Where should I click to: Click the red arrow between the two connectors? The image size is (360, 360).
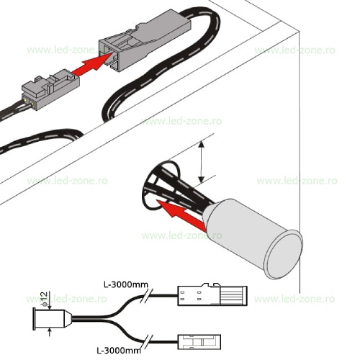[92, 63]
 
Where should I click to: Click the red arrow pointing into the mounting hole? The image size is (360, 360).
[181, 214]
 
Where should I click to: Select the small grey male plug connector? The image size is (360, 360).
[51, 89]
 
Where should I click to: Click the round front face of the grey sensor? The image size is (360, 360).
[284, 256]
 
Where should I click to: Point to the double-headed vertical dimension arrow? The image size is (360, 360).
[202, 162]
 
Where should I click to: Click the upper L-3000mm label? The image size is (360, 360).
[125, 285]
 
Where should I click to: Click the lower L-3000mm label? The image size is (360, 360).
[119, 351]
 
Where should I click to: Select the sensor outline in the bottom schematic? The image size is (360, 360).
[52, 319]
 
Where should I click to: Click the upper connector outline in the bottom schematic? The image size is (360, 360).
[212, 294]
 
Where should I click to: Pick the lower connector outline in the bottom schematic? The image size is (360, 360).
[199, 342]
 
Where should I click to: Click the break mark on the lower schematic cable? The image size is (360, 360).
[148, 341]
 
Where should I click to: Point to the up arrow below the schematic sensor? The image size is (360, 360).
[50, 333]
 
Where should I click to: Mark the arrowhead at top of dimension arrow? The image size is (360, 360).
[202, 144]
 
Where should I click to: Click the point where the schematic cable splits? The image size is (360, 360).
[106, 319]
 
